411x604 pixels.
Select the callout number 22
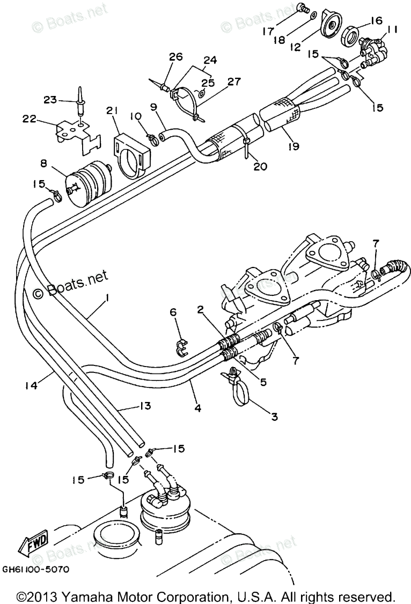coord(30,119)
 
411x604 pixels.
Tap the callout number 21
coord(112,110)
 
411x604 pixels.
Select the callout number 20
coord(260,167)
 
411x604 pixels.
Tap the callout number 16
coord(375,21)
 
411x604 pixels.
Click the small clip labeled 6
coord(181,347)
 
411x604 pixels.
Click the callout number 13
coord(144,406)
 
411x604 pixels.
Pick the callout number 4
coord(197,408)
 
